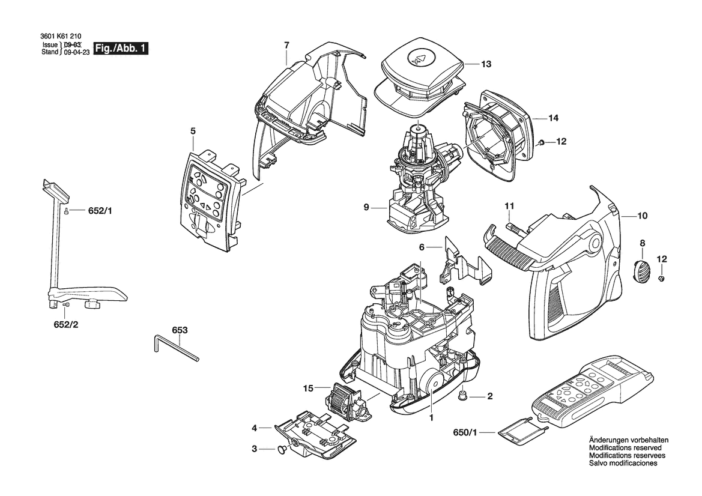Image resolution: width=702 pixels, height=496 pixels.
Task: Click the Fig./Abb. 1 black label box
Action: pos(121,49)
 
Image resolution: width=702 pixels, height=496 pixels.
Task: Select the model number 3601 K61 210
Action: pos(57,38)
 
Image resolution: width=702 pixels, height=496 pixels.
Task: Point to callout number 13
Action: pos(486,64)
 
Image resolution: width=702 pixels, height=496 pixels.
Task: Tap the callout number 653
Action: pos(180,330)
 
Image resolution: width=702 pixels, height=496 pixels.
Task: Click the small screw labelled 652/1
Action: pos(66,211)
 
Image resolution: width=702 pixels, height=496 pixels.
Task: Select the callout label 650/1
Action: pos(465,432)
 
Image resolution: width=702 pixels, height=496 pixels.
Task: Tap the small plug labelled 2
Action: pos(463,395)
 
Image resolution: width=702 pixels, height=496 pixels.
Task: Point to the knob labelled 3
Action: pos(283,449)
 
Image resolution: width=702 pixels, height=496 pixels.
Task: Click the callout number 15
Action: pos(308,388)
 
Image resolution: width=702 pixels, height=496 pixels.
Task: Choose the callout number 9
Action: pos(366,207)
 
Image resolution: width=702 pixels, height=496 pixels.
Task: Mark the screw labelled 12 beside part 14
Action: pos(541,142)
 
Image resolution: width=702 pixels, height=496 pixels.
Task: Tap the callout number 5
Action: pos(193,131)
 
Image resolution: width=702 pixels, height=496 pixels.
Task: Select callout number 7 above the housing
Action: pos(286,45)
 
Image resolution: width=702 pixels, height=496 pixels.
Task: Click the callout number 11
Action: pos(509,206)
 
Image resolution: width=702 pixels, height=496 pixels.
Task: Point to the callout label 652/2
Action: pos(66,324)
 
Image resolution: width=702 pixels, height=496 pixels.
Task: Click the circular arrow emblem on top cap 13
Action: pos(420,58)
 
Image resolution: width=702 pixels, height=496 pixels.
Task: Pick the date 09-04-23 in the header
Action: pos(77,52)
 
